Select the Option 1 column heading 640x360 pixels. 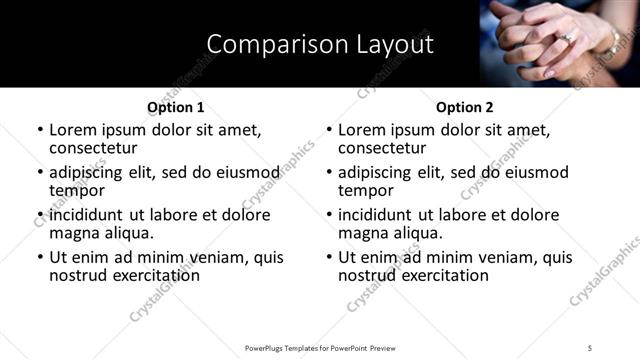(x=175, y=107)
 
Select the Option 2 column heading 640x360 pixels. (x=464, y=107)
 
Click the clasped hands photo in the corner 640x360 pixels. (x=560, y=43)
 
